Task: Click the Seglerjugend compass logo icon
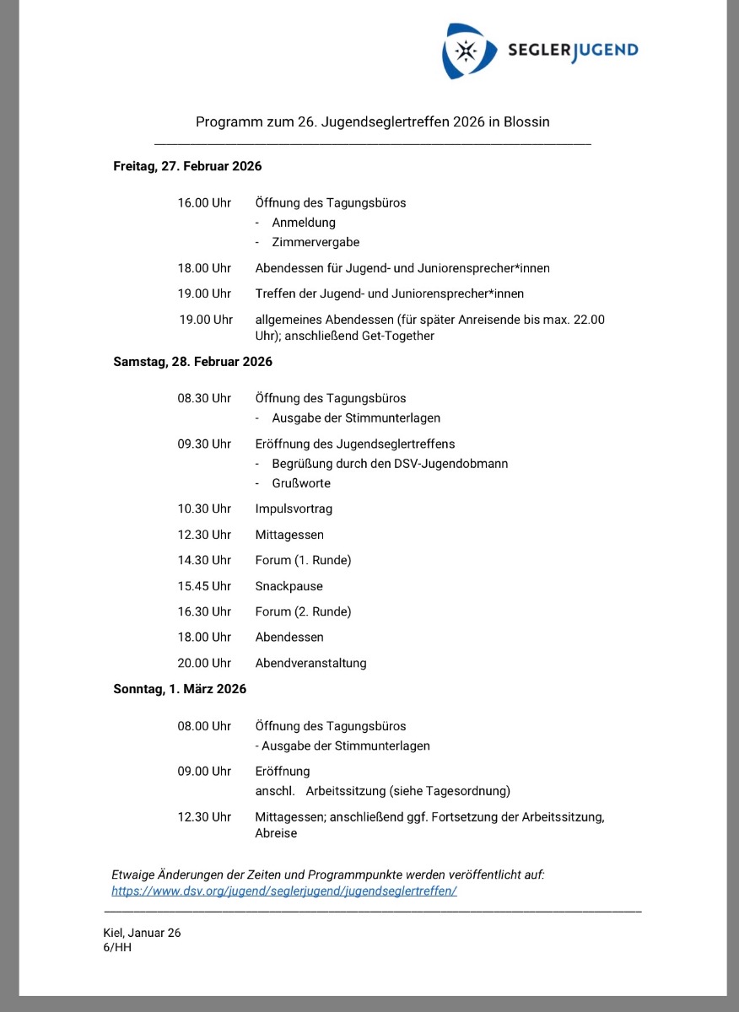(x=466, y=51)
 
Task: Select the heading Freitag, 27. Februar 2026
(x=187, y=166)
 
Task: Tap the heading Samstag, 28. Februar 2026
(x=192, y=362)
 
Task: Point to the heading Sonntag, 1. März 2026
(x=180, y=689)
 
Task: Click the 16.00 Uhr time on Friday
(x=204, y=203)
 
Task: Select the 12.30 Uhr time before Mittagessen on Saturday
(x=204, y=535)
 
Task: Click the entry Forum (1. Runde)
(x=303, y=560)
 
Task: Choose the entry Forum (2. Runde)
(x=303, y=611)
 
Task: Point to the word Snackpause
(x=289, y=586)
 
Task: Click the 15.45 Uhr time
(x=204, y=586)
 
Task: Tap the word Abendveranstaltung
(x=311, y=663)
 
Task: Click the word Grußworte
(x=301, y=483)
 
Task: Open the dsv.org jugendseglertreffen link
(x=284, y=891)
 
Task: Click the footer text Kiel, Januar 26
(x=142, y=933)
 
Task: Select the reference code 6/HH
(x=117, y=947)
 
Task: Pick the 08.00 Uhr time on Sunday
(x=204, y=726)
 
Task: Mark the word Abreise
(x=276, y=833)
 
